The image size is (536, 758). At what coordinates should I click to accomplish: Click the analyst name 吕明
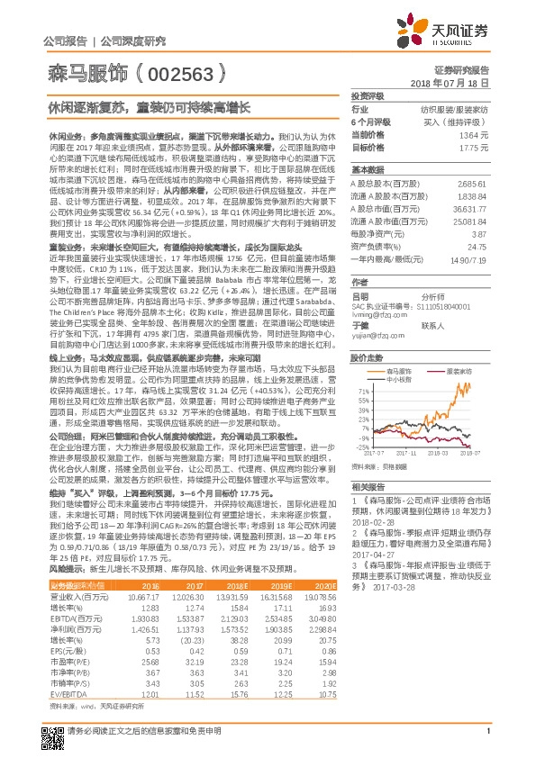(360, 269)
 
